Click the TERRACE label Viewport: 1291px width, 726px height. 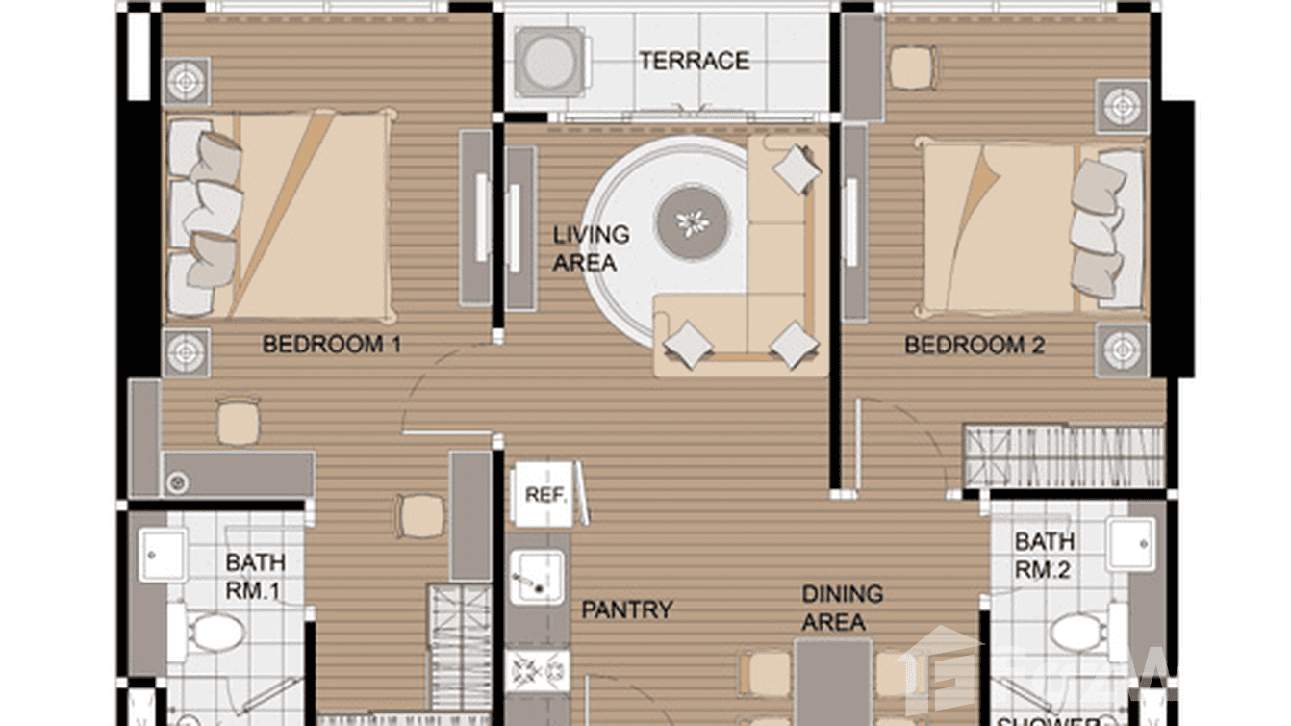pos(694,61)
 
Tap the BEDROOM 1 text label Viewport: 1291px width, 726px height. pos(331,344)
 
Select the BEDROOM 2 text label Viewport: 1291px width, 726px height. pos(974,345)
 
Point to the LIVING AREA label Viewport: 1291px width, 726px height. pos(591,247)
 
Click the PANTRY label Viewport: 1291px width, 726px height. pos(626,609)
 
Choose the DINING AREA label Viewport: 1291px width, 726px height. pos(842,608)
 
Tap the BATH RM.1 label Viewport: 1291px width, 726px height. pos(255,576)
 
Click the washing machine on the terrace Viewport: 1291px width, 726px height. pos(549,61)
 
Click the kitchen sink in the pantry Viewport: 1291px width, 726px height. pos(536,577)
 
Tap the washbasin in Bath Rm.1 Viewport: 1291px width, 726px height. pos(162,555)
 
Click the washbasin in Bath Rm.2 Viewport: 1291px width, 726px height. pos(1131,544)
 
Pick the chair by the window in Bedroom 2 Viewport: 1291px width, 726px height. pos(911,67)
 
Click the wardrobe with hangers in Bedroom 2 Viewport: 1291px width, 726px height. pos(1063,456)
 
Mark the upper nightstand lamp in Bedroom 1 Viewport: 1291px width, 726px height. pos(186,81)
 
